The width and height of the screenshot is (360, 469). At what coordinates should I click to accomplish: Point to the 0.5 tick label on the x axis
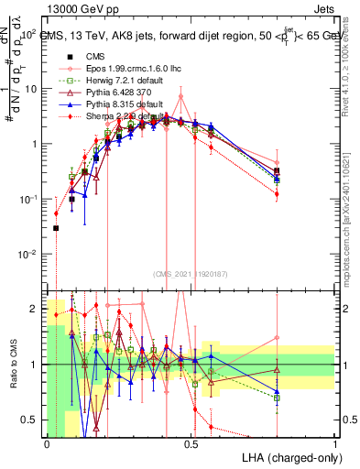[x=191, y=442]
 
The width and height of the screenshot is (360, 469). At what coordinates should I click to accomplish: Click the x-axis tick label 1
[x=334, y=442]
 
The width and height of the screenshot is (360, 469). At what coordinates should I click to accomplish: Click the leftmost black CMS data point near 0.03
[x=56, y=228]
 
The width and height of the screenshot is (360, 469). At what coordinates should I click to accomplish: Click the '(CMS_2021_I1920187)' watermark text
[x=191, y=274]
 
